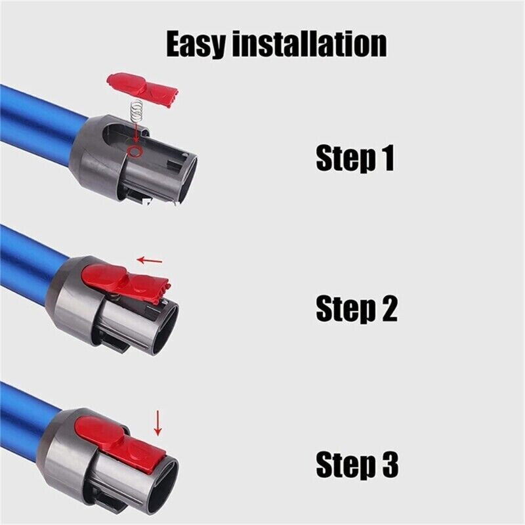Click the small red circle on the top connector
(x=135, y=152)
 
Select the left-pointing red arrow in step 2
(x=150, y=261)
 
